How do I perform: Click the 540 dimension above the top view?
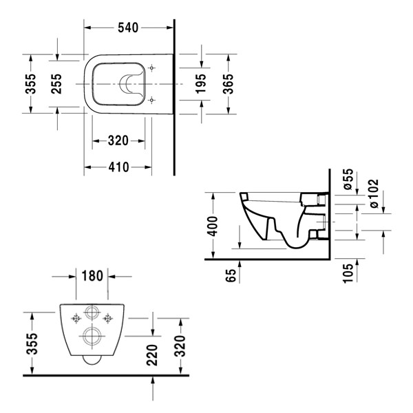point(128,28)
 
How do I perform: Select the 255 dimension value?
point(57,83)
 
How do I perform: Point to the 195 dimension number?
point(200,83)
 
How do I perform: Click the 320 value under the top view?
point(118,140)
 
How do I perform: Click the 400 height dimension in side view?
point(213,225)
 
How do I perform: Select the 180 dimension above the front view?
point(92,276)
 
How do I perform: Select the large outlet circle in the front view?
point(91,337)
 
